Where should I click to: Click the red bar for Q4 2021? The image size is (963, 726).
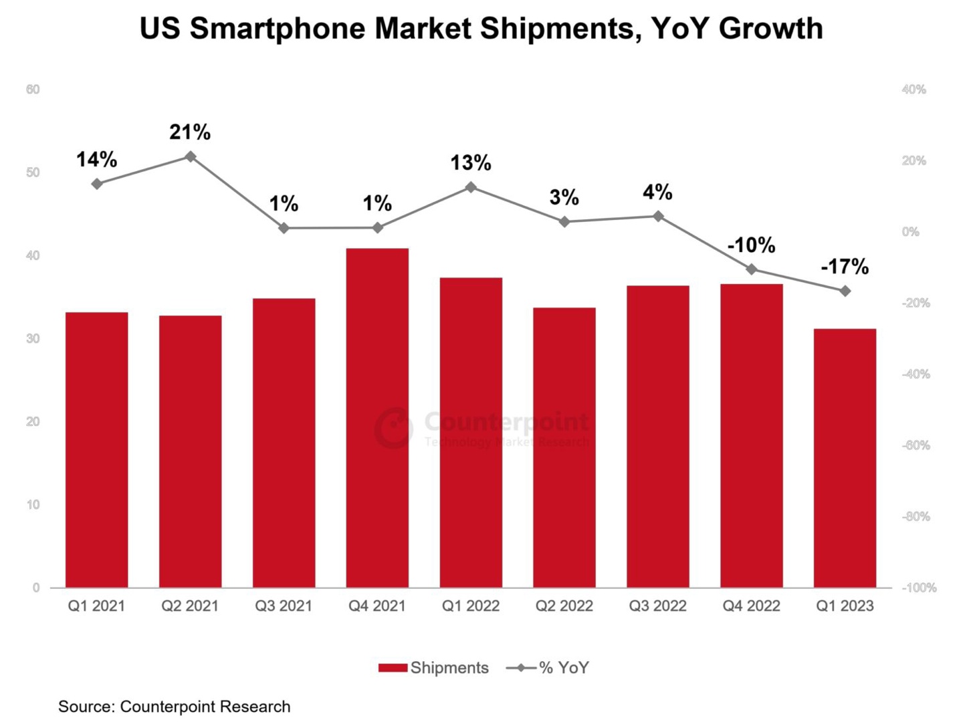click(x=377, y=418)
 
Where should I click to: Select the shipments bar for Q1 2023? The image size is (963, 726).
click(x=845, y=458)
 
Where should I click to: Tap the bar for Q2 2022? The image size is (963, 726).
click(x=564, y=447)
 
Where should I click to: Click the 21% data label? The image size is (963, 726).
click(x=190, y=132)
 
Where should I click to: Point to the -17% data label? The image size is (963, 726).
click(x=845, y=267)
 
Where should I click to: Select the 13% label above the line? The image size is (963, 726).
click(x=471, y=162)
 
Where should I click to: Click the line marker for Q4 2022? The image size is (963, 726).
click(x=752, y=269)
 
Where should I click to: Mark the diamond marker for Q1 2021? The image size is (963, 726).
click(x=97, y=184)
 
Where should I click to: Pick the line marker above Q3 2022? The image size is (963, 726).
click(x=658, y=217)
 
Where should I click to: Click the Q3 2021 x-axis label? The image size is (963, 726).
click(x=284, y=606)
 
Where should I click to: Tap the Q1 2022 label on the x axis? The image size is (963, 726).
click(x=471, y=606)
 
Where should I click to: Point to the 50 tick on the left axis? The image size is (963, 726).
click(x=33, y=172)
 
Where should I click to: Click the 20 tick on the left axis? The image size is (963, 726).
click(x=33, y=422)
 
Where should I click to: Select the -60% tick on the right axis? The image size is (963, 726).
click(x=916, y=445)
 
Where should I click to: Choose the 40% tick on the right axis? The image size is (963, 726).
click(x=914, y=90)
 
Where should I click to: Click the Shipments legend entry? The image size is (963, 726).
click(x=434, y=668)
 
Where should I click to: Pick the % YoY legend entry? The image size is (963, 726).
click(x=548, y=668)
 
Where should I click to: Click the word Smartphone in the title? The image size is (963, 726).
click(x=278, y=29)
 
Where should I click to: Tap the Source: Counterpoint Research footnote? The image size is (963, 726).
click(x=175, y=707)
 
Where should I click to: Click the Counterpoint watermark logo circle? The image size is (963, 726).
click(x=393, y=427)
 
